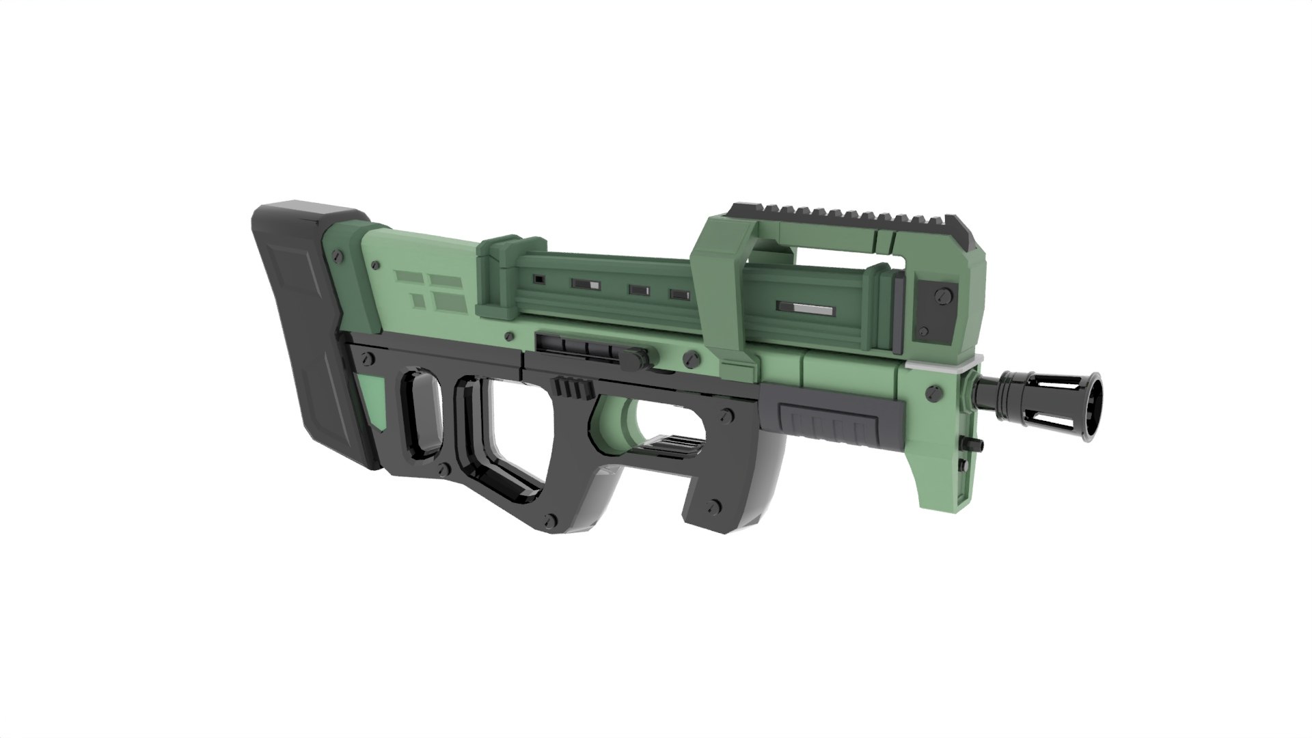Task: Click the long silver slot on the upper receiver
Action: click(x=806, y=308)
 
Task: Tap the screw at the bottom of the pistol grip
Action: click(x=715, y=506)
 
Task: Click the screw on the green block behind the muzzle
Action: click(x=931, y=392)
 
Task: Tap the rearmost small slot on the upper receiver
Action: click(x=538, y=279)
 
